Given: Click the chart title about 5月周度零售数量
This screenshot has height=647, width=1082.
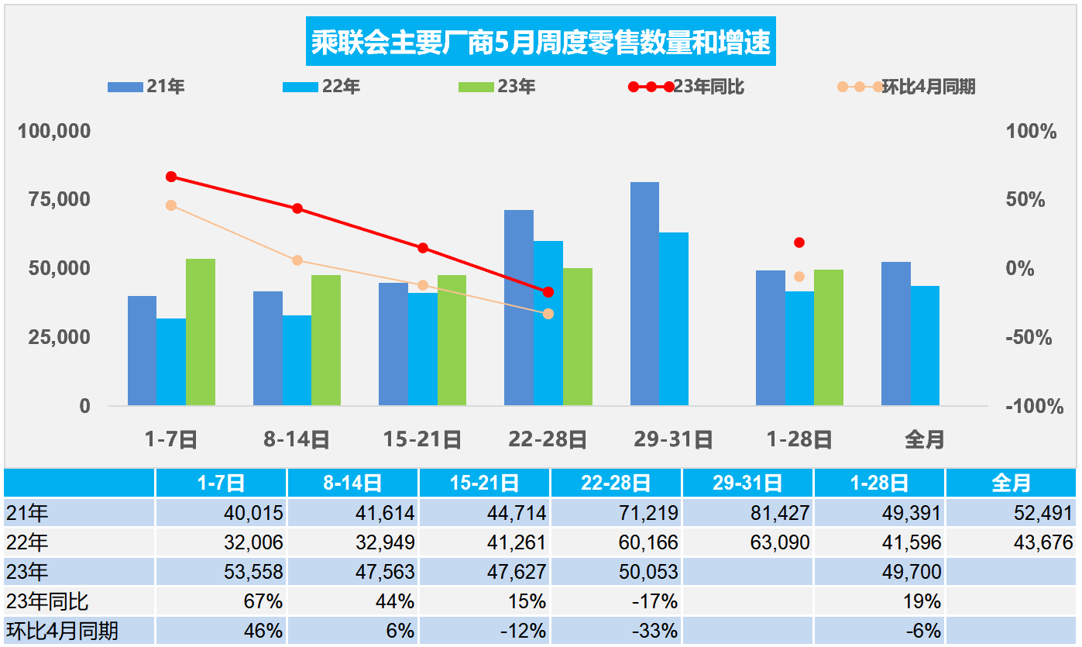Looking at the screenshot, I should click(541, 43).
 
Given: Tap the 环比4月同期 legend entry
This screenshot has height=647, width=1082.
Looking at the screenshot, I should click(907, 87).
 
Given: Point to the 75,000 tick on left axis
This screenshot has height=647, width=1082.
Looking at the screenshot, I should click(54, 200).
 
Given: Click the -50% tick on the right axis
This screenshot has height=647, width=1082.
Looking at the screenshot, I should click(1029, 338).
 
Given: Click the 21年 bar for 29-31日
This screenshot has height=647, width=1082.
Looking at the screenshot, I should click(644, 294).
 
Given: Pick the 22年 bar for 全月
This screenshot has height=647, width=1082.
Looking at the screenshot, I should click(925, 346).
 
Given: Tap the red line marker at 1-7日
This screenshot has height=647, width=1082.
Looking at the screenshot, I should click(171, 177).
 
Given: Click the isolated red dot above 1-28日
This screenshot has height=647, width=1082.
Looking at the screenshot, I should click(799, 243).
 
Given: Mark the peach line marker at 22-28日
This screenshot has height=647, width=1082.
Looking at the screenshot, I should click(548, 314).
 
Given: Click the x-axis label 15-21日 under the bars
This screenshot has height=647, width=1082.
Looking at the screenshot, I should click(422, 440).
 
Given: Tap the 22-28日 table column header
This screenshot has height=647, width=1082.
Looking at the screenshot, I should click(616, 484).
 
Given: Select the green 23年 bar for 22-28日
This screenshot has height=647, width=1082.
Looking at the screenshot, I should click(578, 337).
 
